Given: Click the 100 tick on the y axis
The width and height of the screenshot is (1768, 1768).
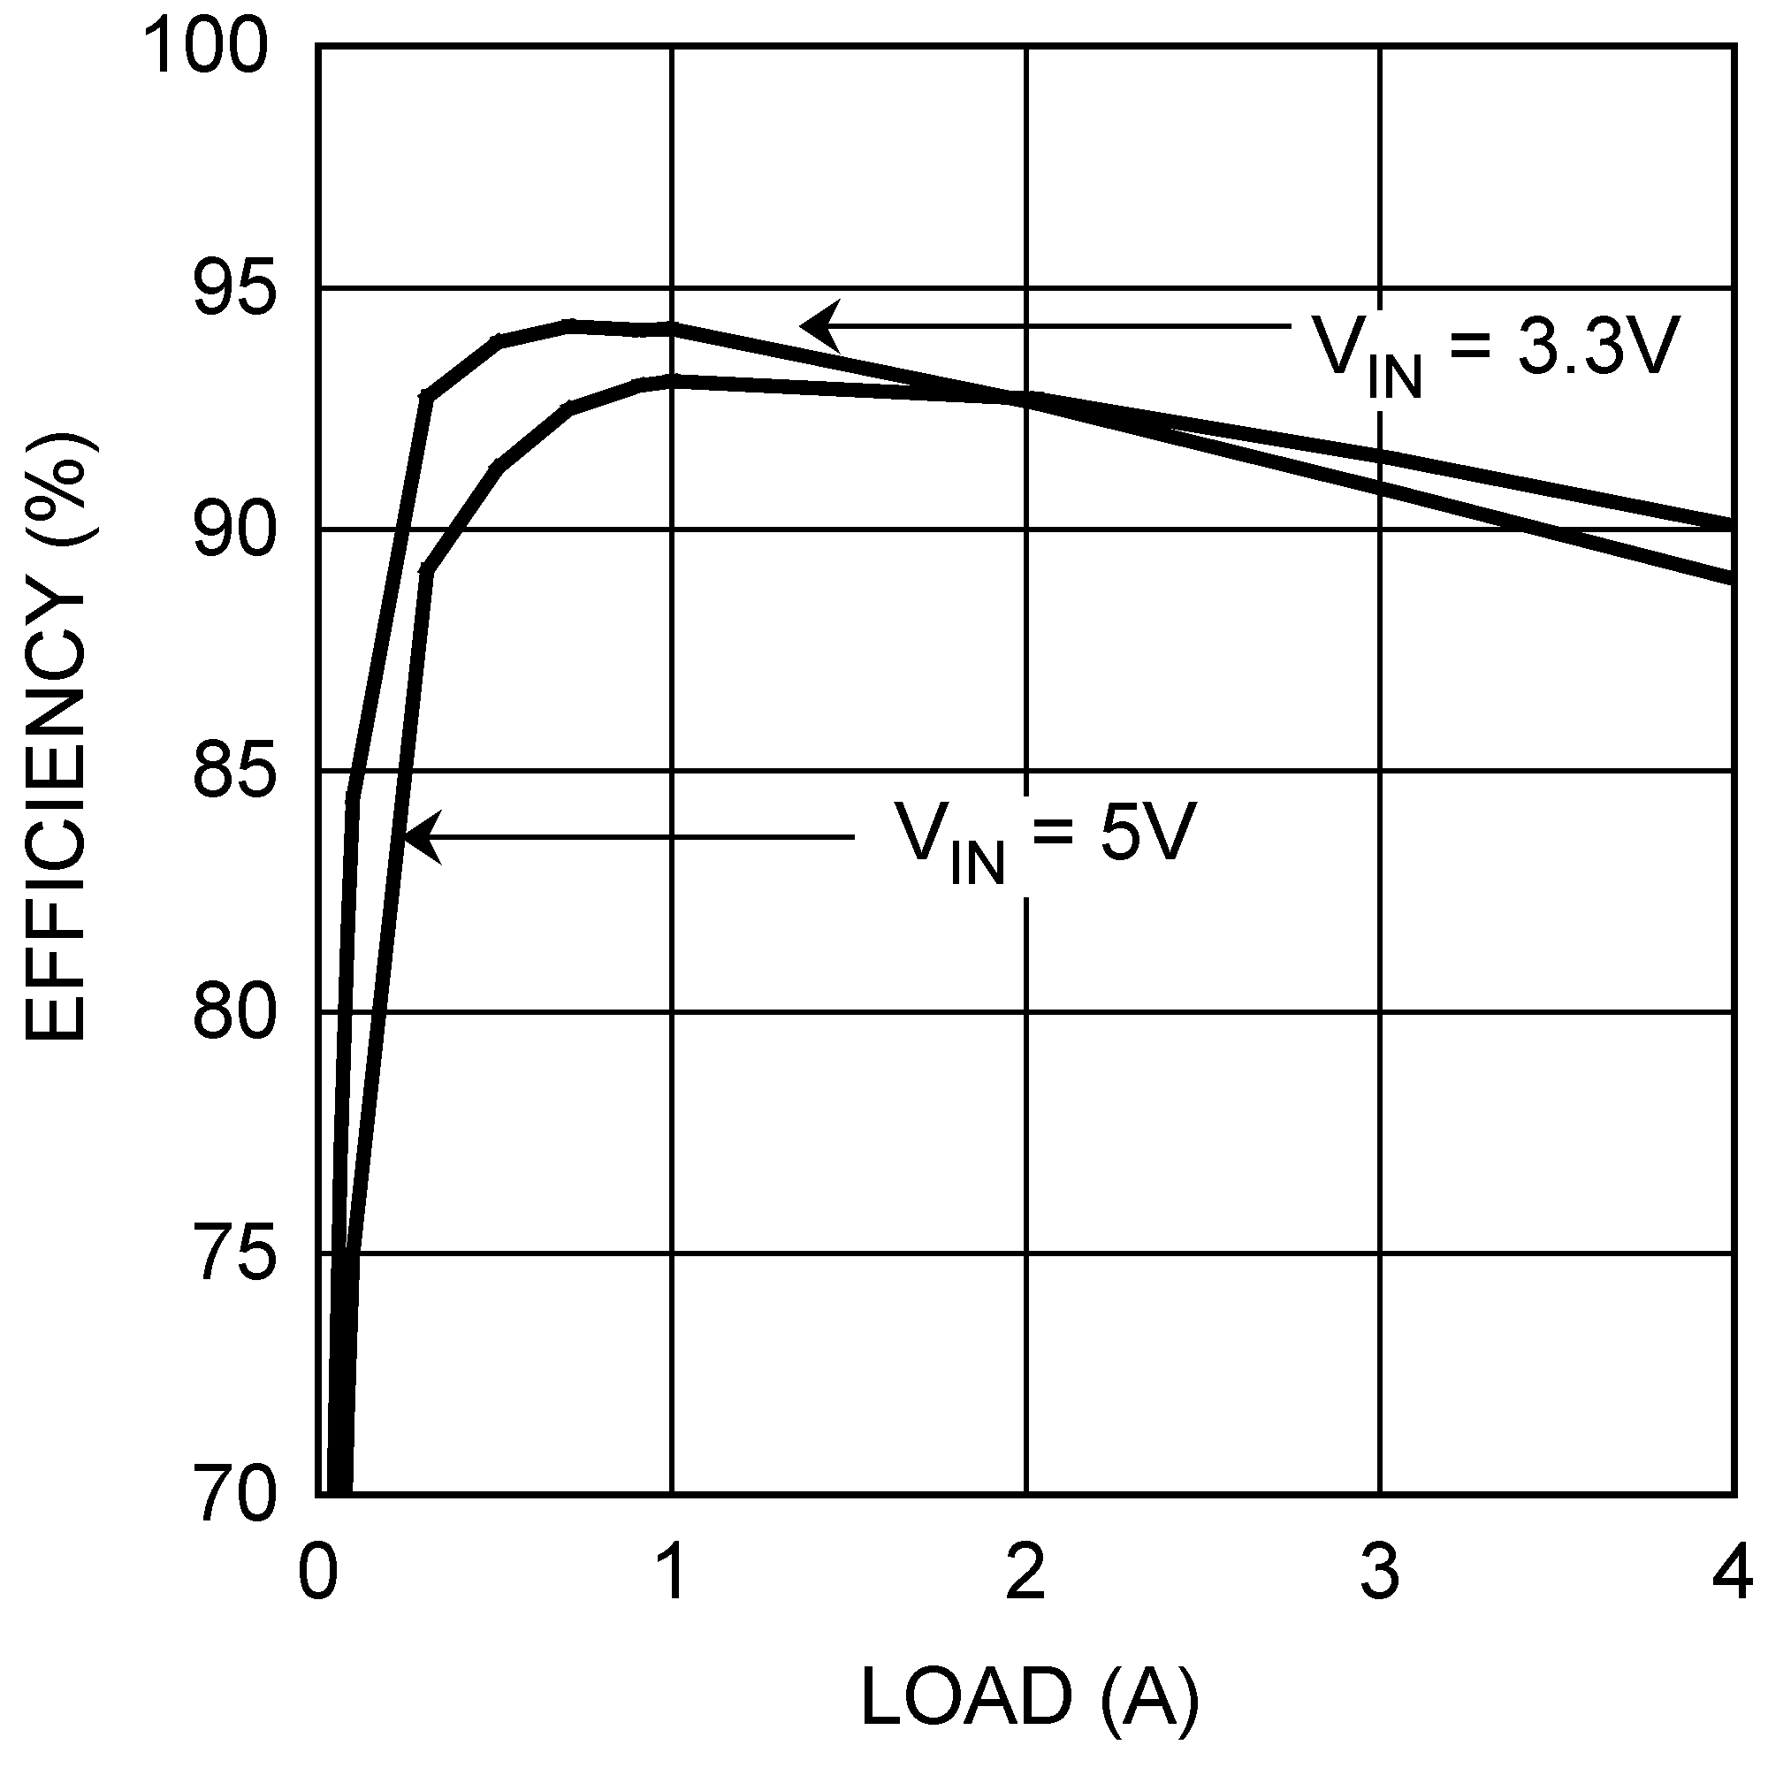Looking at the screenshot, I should pos(207,48).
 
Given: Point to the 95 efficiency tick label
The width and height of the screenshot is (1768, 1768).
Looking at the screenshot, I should pos(232,291).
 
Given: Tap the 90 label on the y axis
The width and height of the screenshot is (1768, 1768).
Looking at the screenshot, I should pos(232,531).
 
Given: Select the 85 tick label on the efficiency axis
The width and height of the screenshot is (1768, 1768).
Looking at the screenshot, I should pos(232,773).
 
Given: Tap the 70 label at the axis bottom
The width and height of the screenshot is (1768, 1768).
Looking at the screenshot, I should pos(232,1497).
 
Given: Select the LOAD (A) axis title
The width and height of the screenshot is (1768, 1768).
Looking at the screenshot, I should pos(1029,1696).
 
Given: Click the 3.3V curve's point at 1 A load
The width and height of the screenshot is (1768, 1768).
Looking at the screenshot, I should pos(673,329).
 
